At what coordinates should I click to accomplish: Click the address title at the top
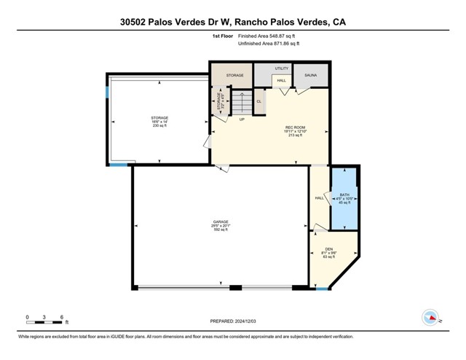(x=233, y=22)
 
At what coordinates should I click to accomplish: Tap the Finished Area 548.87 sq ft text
(x=268, y=36)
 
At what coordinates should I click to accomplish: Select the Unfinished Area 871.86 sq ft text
(x=269, y=44)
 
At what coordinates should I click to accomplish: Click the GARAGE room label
(x=221, y=225)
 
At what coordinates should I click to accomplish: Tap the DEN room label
(x=328, y=252)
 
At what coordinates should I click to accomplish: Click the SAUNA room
(x=311, y=74)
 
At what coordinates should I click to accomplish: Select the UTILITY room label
(x=281, y=69)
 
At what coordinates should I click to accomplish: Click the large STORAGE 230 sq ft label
(x=159, y=121)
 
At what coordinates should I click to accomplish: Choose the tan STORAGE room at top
(x=234, y=74)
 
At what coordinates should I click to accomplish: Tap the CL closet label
(x=258, y=101)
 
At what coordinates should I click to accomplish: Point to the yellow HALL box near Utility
(x=280, y=82)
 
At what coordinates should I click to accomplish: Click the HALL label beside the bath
(x=319, y=197)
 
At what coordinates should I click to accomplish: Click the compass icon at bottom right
(x=430, y=317)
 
